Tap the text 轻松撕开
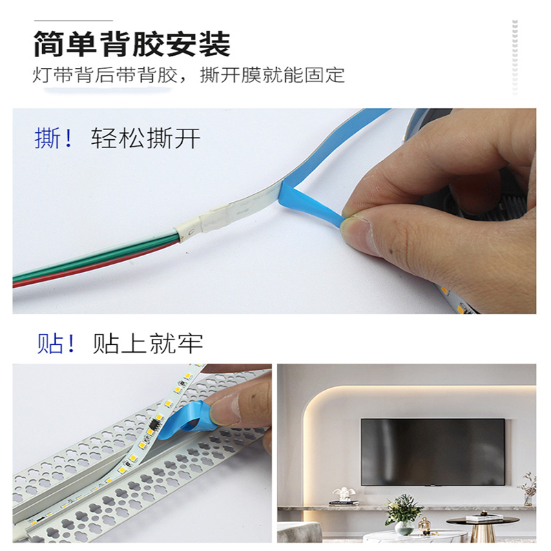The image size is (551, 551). pos(146,138)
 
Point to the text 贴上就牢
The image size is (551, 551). pos(148,342)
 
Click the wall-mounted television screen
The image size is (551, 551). pos(433,451)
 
